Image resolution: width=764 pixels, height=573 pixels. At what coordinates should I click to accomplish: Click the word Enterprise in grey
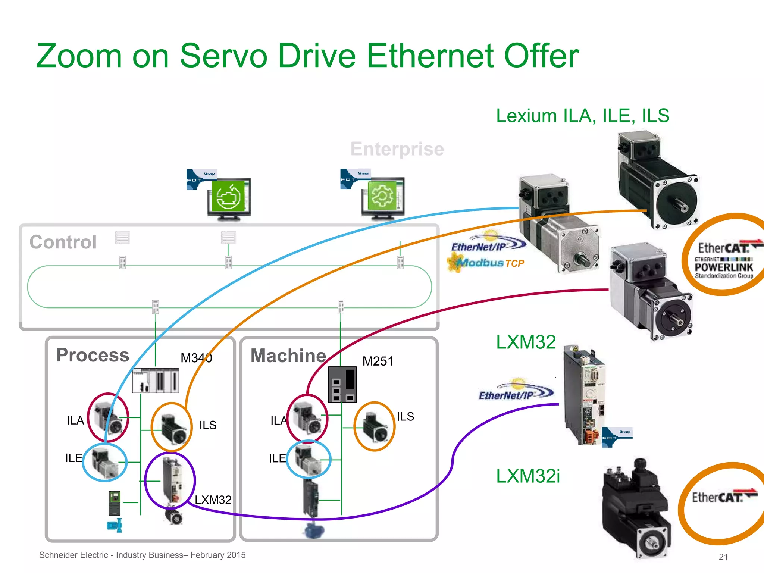coord(397,149)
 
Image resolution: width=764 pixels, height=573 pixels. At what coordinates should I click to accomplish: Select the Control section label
coord(63,242)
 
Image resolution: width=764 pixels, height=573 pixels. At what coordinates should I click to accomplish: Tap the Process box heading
coord(93,355)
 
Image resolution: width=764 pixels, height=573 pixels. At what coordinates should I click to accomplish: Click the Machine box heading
coord(288,356)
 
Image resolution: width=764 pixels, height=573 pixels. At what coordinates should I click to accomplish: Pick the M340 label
coord(196,358)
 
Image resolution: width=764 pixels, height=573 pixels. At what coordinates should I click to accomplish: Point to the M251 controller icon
coord(342,384)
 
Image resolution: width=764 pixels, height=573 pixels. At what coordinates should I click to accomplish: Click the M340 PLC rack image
coord(156,380)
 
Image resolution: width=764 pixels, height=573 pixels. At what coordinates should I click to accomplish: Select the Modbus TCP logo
coord(487,263)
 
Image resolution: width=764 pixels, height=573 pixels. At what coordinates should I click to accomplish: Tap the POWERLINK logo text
coord(724,267)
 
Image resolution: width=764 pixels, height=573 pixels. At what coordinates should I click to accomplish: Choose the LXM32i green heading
coord(527,476)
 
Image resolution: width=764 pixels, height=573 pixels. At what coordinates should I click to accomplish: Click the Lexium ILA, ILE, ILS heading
coord(582,116)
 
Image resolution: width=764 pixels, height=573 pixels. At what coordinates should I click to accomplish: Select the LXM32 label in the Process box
coord(213,500)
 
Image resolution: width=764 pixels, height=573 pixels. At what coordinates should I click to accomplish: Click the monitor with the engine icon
coord(229,197)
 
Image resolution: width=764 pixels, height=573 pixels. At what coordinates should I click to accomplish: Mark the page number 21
coord(723,557)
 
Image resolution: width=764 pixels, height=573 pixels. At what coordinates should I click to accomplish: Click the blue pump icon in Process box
coord(115,525)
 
